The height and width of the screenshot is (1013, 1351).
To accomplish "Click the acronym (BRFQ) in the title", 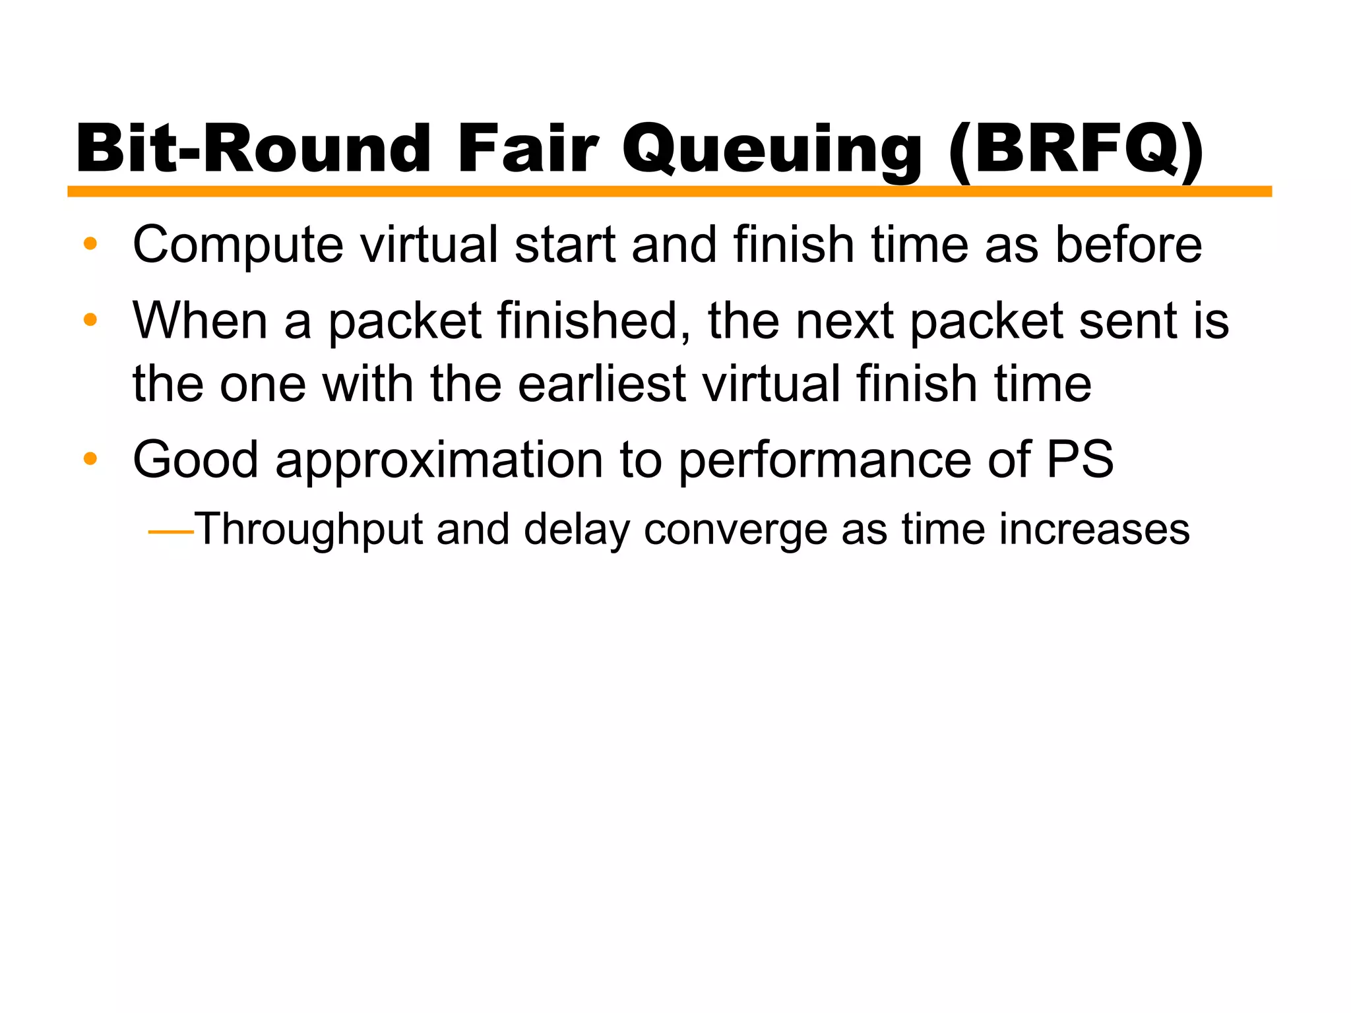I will pyautogui.click(x=1076, y=150).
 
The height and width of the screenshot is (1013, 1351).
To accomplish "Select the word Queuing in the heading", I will pyautogui.click(x=771, y=150).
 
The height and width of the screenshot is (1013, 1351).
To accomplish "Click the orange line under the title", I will pyautogui.click(x=669, y=191).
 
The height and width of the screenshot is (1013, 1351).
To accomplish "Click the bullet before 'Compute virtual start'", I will pyautogui.click(x=90, y=245).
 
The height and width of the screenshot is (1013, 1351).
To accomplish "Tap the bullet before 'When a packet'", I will pyautogui.click(x=90, y=321).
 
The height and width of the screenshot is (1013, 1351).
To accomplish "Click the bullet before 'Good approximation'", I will pyautogui.click(x=90, y=459).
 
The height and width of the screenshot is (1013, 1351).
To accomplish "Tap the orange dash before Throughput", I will pyautogui.click(x=171, y=531).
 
